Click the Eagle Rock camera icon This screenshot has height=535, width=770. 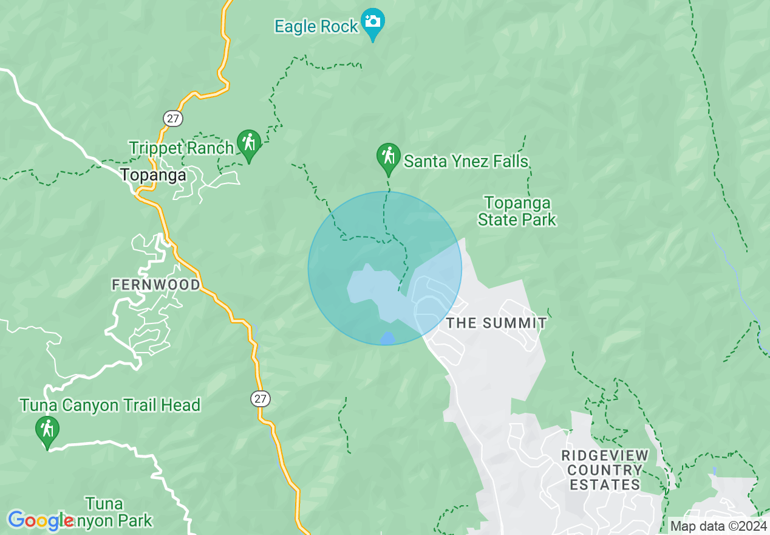click(x=373, y=22)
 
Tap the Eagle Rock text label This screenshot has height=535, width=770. click(x=316, y=27)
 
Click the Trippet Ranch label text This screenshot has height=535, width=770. click(x=181, y=148)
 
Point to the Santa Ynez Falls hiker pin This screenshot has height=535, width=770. click(x=388, y=157)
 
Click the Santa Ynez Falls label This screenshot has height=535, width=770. click(x=466, y=162)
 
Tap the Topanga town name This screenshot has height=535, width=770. click(x=153, y=175)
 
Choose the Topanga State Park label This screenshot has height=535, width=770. click(x=517, y=211)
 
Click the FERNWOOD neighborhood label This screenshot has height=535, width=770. click(x=155, y=285)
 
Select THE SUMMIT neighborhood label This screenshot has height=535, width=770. click(x=497, y=323)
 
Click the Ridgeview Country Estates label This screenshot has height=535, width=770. click(x=605, y=470)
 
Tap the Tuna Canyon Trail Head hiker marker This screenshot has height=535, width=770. click(x=47, y=430)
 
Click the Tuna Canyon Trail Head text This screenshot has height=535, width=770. click(x=110, y=405)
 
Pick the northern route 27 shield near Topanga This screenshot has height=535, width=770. click(x=172, y=118)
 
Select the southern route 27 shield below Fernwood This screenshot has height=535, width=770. click(x=260, y=399)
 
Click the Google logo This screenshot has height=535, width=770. click(x=41, y=520)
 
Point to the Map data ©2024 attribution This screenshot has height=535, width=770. click(x=718, y=526)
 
